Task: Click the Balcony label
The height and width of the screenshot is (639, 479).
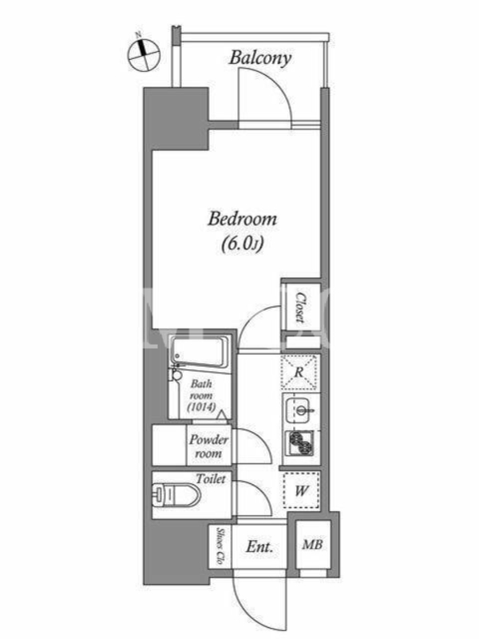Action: (x=260, y=58)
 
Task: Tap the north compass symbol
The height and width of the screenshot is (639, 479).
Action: (x=144, y=55)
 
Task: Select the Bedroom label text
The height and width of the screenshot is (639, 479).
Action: (x=242, y=219)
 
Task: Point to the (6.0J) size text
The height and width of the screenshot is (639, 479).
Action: (x=242, y=244)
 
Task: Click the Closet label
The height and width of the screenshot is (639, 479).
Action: (x=301, y=308)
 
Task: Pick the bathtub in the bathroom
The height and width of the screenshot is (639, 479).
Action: (x=198, y=352)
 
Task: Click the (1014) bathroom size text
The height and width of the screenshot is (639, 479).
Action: (x=201, y=407)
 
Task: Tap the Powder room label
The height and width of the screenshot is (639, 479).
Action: (x=208, y=447)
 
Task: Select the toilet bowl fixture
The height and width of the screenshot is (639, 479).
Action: (x=176, y=494)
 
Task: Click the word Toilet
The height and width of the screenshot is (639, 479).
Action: (x=211, y=478)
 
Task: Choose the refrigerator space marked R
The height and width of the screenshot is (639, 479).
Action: (x=299, y=372)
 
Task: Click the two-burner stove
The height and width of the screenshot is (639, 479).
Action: (x=301, y=443)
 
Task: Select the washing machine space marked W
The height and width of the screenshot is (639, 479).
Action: (x=302, y=490)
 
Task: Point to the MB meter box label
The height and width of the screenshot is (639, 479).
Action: (x=312, y=544)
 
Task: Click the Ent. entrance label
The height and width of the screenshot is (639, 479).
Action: (x=259, y=546)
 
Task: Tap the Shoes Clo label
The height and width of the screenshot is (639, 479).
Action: (x=220, y=546)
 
